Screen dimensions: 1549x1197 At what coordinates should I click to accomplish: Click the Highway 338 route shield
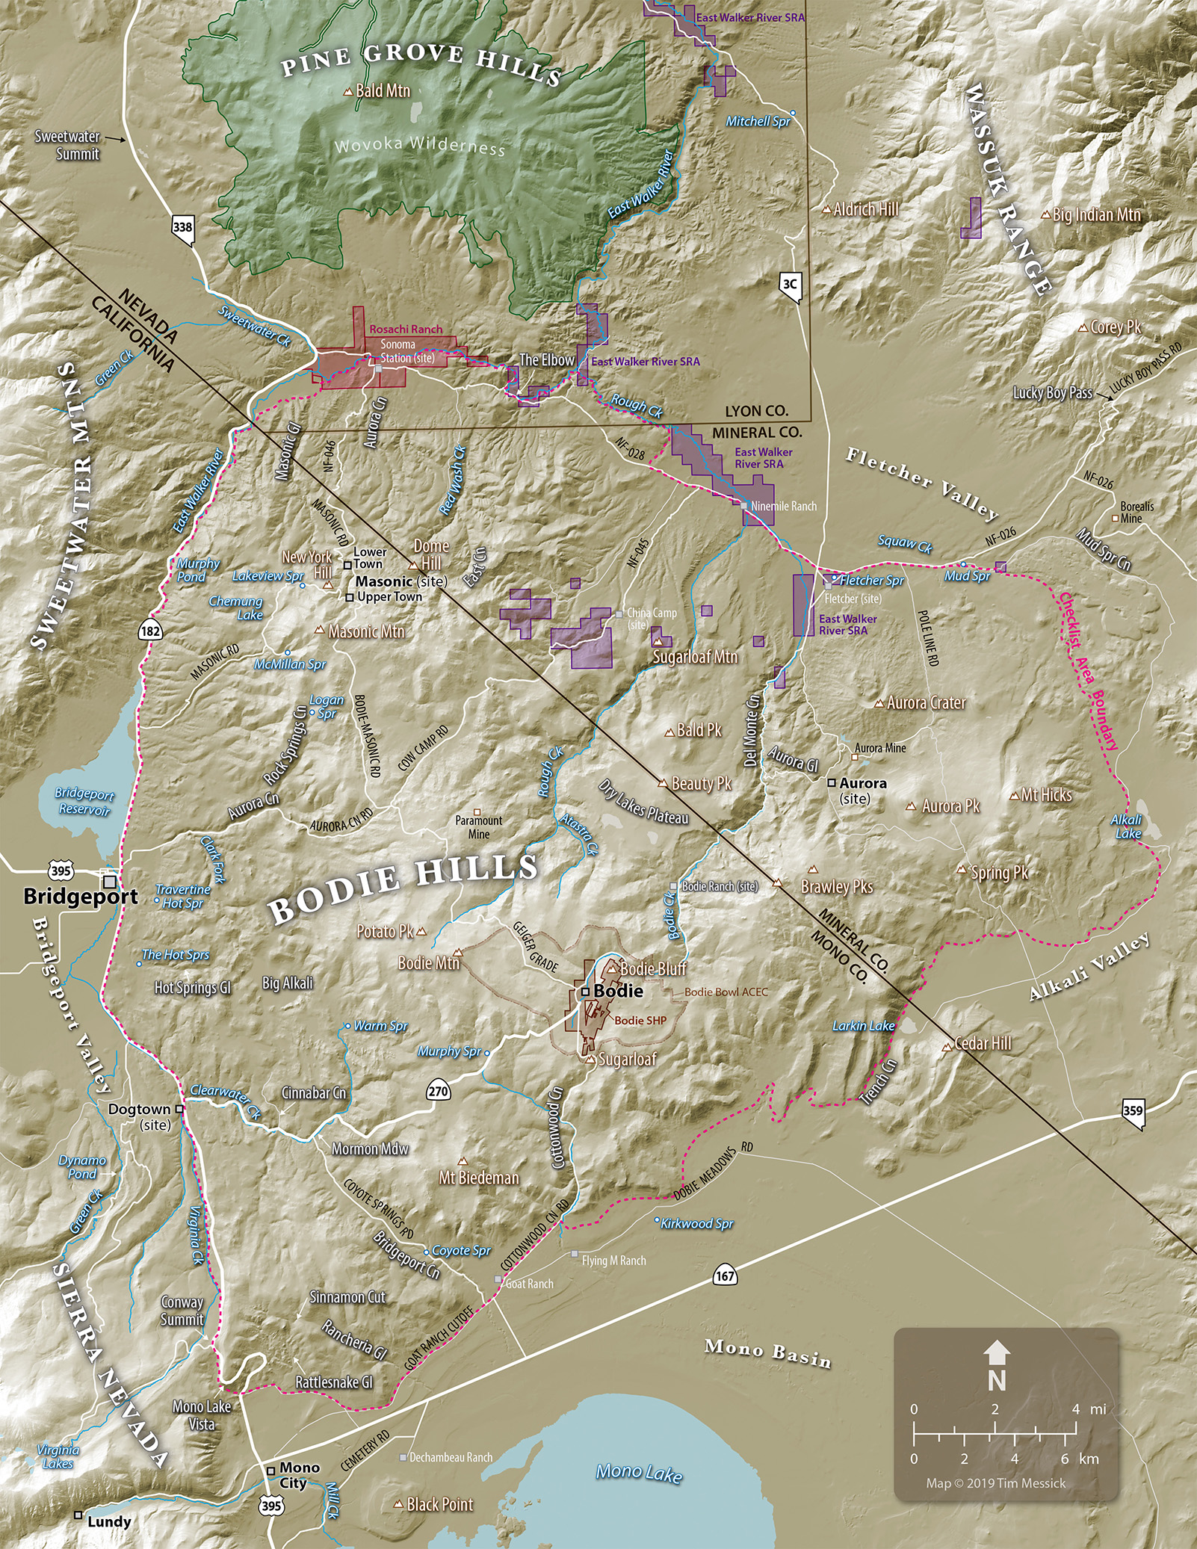(x=182, y=229)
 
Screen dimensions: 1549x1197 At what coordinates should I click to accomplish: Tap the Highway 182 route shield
(x=150, y=631)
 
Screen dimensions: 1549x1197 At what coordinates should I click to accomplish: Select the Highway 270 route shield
(x=439, y=1091)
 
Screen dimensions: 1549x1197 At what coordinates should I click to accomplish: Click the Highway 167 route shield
(x=724, y=1276)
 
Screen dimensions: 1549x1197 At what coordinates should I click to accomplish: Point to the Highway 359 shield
(x=1133, y=1111)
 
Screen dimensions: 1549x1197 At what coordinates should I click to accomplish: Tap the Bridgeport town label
(x=81, y=896)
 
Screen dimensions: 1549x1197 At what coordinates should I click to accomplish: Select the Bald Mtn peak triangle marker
(x=348, y=92)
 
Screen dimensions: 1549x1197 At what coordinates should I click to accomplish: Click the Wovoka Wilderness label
(x=420, y=145)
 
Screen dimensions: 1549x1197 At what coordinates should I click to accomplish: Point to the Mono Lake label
(x=639, y=1473)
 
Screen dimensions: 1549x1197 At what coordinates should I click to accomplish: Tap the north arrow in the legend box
(x=997, y=1352)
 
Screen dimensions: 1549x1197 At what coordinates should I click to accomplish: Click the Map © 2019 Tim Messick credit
(x=995, y=1483)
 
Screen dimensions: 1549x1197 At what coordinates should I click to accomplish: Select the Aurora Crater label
(x=926, y=703)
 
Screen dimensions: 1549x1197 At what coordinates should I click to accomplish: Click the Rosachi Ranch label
(x=406, y=329)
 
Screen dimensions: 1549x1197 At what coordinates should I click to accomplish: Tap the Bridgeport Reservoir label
(x=84, y=802)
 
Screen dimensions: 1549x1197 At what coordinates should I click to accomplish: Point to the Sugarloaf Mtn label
(x=695, y=658)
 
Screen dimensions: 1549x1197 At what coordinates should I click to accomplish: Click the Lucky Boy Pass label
(x=1052, y=393)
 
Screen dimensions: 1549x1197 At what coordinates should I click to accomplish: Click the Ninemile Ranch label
(x=784, y=506)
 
